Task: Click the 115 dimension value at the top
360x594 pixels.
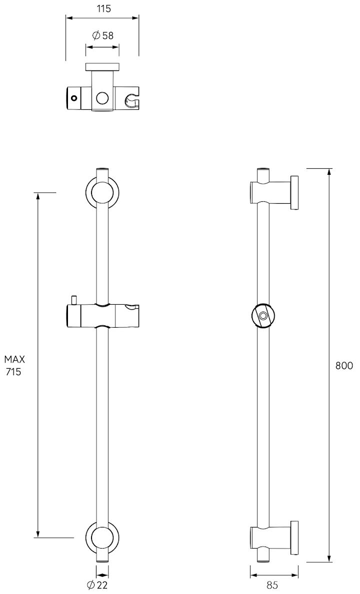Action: pos(102,8)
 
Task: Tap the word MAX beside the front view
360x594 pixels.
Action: pos(14,359)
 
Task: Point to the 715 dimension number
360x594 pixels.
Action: pos(13,372)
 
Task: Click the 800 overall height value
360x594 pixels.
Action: pos(344,366)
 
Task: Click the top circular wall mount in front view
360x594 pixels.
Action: pos(102,192)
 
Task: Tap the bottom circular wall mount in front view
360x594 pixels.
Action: pos(102,538)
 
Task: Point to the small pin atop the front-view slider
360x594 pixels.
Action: pos(73,299)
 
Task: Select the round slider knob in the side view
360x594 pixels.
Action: pos(262,316)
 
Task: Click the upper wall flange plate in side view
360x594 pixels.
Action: pos(294,192)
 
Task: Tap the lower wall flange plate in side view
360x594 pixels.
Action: pos(294,538)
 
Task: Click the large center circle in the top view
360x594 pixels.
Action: pos(102,97)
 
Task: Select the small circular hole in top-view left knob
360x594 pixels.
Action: pos(73,98)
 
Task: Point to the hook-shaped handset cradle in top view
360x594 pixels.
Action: pos(131,100)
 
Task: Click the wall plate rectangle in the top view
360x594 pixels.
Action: pos(102,67)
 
